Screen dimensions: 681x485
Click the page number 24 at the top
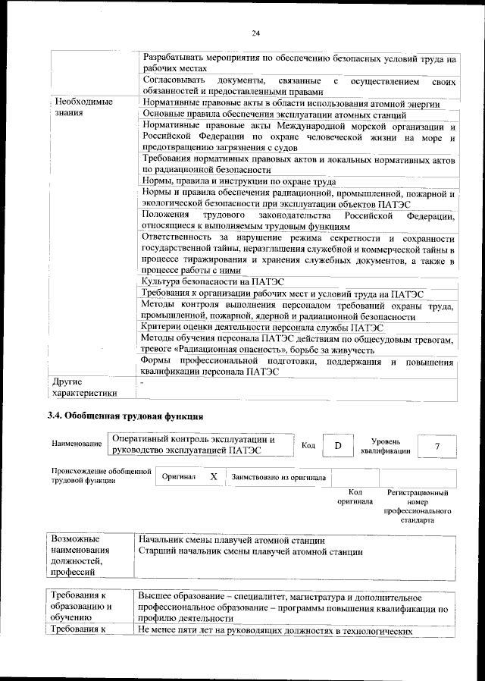256,33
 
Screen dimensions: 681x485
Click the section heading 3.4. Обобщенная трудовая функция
126,416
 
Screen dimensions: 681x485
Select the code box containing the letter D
338,446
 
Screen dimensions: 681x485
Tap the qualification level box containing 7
437,446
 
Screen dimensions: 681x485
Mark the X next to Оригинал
214,477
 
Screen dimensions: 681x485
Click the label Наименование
76,443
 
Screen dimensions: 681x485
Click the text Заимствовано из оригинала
279,478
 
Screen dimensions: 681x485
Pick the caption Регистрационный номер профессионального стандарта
418,507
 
